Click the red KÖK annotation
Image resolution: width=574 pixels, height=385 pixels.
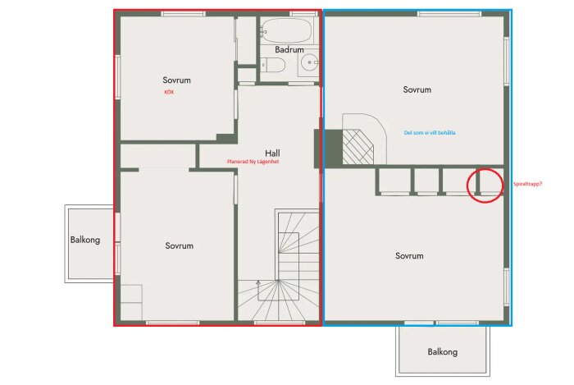coord(169,92)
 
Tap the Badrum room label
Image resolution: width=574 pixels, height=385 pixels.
coord(289,49)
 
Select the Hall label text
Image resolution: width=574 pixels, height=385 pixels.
coord(272,154)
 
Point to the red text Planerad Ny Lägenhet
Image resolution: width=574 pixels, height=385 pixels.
coord(253,162)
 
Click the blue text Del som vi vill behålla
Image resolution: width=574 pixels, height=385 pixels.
coord(430,133)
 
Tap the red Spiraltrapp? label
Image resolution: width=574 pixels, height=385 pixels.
coord(527,184)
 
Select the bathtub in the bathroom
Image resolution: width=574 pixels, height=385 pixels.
coord(286,30)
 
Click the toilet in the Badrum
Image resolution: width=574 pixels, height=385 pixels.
coord(273,65)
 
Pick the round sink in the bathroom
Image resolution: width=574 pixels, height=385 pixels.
coord(310,62)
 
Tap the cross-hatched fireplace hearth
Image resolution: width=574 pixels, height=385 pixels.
coord(358,147)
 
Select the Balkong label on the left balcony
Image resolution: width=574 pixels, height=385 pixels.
coord(85,240)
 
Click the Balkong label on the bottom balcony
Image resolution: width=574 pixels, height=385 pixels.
coord(443,352)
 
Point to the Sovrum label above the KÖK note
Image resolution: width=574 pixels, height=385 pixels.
coord(176,80)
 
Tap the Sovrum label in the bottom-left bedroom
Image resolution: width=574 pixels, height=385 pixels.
coord(179,245)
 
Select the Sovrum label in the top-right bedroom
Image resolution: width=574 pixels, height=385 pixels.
coord(417,89)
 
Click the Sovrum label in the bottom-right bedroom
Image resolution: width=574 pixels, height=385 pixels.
coord(409,256)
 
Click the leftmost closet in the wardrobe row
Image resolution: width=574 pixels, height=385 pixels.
coord(394,181)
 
